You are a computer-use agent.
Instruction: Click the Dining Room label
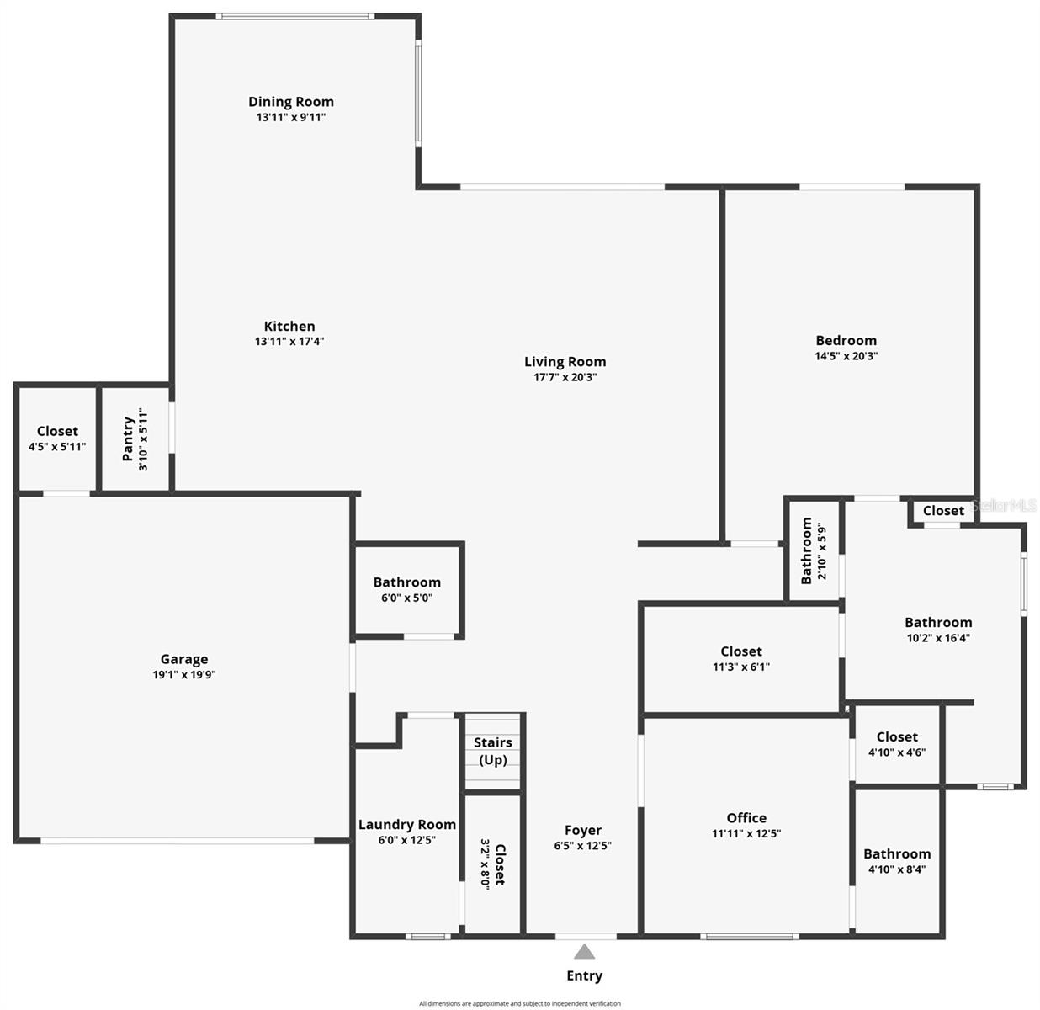(290, 102)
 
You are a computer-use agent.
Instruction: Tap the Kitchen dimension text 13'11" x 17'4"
(289, 342)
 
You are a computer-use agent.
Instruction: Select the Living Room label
(565, 362)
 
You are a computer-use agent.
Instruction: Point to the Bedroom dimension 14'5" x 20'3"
(846, 356)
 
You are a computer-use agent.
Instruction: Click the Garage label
(184, 659)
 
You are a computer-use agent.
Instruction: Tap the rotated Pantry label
(128, 439)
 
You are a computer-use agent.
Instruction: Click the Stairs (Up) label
(493, 751)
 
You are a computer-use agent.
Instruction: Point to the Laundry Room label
(407, 825)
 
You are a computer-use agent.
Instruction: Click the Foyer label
(583, 831)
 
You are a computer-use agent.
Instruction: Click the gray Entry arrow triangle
(584, 952)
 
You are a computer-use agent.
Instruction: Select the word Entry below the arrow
(584, 975)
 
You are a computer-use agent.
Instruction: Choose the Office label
(746, 818)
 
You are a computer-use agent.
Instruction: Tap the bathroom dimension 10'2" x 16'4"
(938, 638)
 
